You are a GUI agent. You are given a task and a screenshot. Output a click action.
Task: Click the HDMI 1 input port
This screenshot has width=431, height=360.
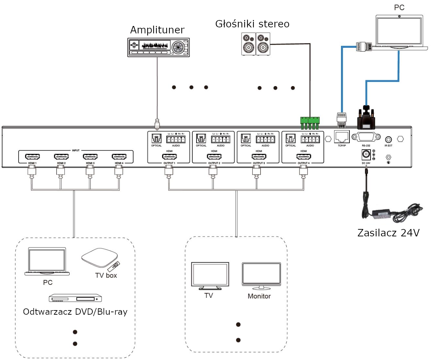pos(32,157)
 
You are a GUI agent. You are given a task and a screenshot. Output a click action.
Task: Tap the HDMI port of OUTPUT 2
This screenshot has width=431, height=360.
pos(214,157)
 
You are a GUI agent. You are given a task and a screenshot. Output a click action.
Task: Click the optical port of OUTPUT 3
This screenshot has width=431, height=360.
pos(246,139)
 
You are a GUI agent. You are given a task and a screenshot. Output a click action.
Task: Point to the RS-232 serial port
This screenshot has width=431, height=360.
pos(366,137)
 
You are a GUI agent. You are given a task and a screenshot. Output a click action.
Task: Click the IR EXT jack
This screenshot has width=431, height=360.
pos(388,139)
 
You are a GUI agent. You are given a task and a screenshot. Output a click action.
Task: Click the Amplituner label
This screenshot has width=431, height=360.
pos(157,30)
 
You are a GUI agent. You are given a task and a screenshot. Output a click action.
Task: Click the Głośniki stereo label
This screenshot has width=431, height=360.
pos(252,24)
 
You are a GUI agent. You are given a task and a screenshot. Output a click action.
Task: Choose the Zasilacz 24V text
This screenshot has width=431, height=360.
pos(388,233)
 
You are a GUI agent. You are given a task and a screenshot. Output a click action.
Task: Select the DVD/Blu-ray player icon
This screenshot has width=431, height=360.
pos(75,298)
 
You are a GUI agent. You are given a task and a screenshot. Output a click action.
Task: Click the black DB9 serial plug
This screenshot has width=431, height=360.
pos(366,119)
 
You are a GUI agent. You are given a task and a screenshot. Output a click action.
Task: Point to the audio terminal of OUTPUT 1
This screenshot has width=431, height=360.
pos(176,139)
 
